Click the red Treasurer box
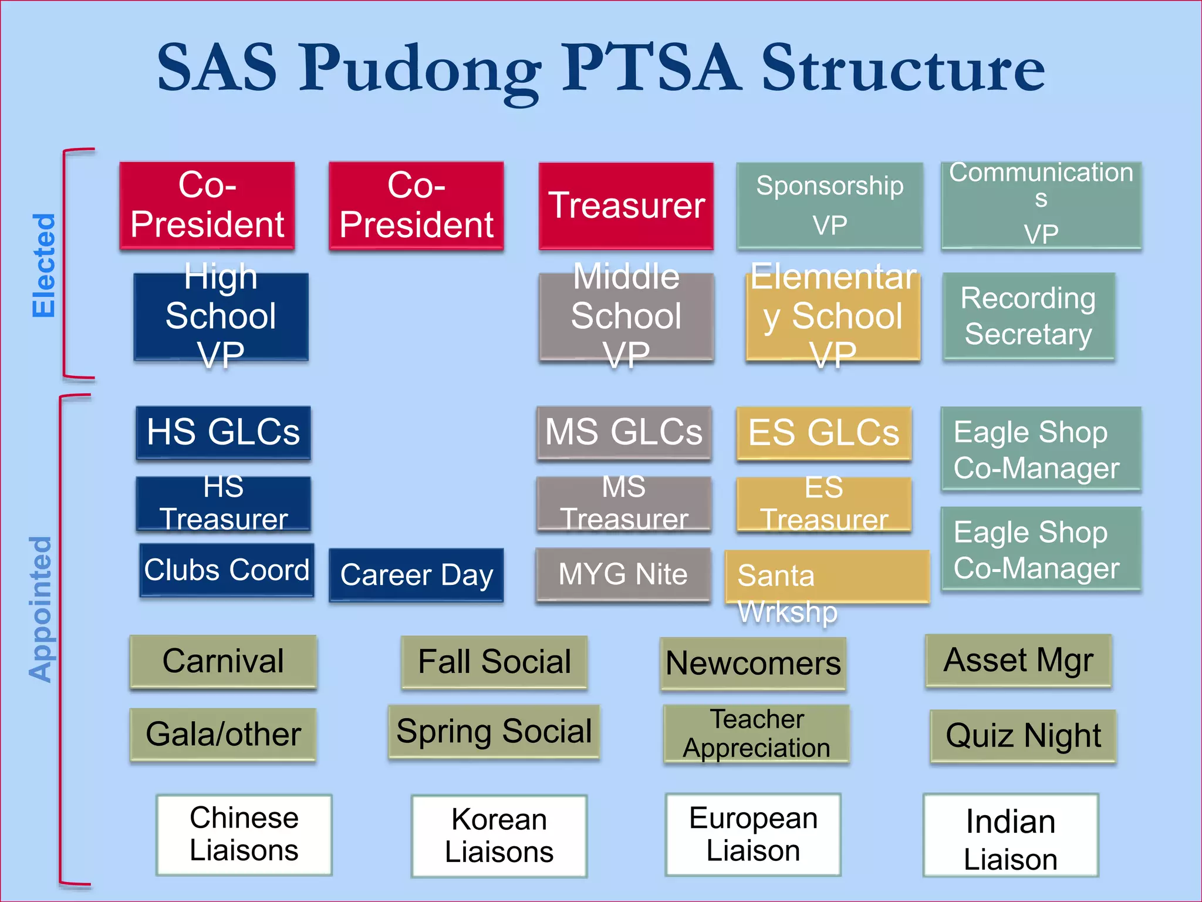[626, 206]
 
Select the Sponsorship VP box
[829, 206]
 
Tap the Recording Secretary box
[1028, 316]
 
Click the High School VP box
[221, 317]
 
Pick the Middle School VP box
[626, 317]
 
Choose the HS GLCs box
[223, 432]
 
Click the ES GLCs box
[823, 433]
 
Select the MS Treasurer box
[624, 504]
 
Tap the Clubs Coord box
[227, 570]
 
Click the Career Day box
[416, 575]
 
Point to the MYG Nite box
[623, 574]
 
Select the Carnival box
[223, 661]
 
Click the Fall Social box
[494, 662]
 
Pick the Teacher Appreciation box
[756, 734]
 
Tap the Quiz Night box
[1023, 736]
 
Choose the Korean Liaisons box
[499, 836]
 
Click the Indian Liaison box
[1010, 835]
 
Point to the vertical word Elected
[44, 265]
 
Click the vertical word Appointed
[41, 609]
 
